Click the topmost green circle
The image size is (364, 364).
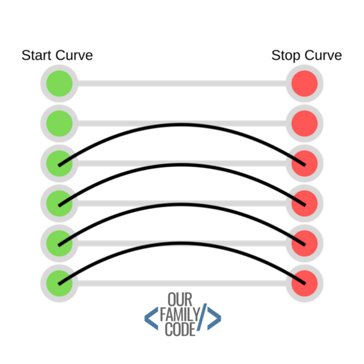tap(59, 83)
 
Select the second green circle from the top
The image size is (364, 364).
tap(59, 123)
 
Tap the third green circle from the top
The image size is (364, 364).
tap(59, 163)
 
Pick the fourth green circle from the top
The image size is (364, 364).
tap(59, 202)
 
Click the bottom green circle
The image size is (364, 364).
tap(59, 282)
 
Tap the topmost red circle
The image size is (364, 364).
tap(305, 83)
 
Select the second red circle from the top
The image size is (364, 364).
tap(305, 123)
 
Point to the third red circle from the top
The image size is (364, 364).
tap(305, 163)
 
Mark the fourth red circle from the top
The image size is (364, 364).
tap(305, 202)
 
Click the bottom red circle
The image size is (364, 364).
tap(305, 282)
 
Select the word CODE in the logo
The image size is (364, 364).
tap(180, 329)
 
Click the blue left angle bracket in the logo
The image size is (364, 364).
tap(151, 318)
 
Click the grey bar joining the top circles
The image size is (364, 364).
tap(182, 83)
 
